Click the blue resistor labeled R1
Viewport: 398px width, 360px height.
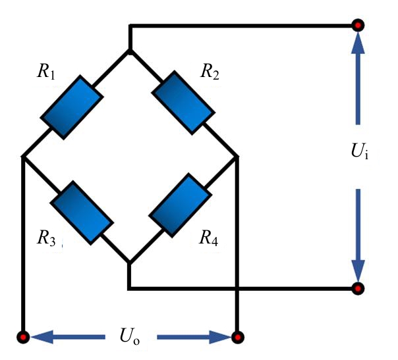pos(72,107)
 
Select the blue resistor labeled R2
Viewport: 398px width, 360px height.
pos(184,103)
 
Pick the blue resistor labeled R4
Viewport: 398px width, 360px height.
pos(180,204)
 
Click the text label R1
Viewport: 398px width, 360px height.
pos(47,72)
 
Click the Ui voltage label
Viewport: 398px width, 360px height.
pos(358,156)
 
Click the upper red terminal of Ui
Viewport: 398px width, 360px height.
pos(358,26)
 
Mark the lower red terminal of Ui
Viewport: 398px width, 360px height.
pos(358,288)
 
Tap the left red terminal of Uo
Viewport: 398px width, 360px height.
pos(24,337)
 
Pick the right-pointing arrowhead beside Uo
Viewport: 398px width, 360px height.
pos(219,337)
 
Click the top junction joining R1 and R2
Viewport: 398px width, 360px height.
pos(130,51)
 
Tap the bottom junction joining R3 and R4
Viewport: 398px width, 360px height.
pos(129,263)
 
